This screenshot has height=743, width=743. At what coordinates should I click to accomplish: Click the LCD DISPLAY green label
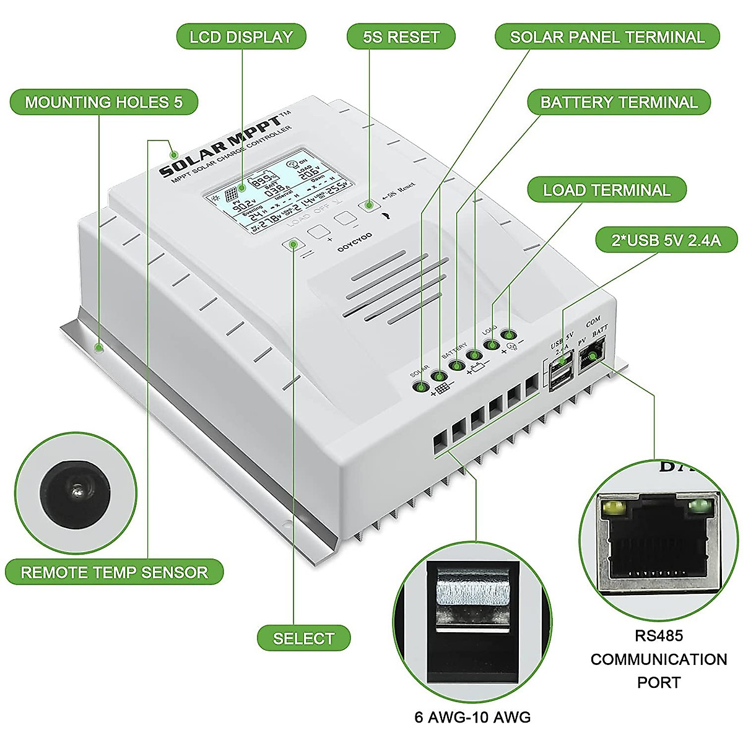241,37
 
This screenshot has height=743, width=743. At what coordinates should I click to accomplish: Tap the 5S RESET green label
401,37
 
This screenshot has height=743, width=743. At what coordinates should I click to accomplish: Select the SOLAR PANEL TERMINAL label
607,37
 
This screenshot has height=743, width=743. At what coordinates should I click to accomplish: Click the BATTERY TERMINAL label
619,102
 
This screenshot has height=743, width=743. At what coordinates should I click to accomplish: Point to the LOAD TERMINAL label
607,190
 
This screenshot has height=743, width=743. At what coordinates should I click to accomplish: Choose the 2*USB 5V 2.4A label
666,240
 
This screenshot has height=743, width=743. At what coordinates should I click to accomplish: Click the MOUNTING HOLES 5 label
104,102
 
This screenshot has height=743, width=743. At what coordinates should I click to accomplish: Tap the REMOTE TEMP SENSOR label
114,572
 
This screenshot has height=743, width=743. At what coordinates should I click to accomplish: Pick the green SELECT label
303,638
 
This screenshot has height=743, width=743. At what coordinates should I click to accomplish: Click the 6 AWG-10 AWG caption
472,717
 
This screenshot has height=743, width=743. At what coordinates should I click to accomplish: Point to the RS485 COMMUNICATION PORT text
658,659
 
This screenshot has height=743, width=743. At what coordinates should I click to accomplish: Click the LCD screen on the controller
280,192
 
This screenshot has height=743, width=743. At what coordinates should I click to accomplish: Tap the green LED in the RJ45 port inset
697,507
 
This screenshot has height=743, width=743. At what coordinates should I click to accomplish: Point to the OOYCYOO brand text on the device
355,242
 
